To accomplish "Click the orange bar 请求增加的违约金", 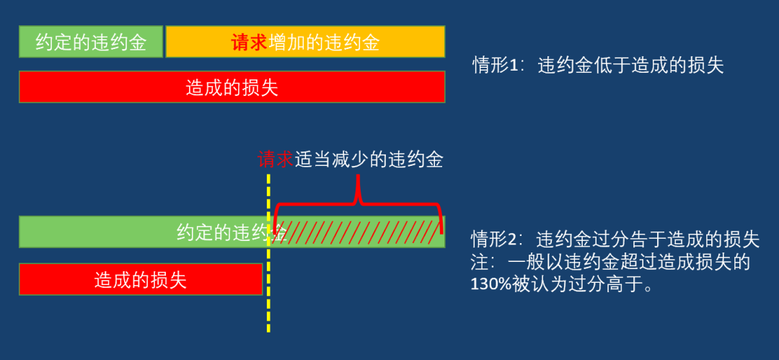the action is [x=305, y=42].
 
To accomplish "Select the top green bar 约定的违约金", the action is [x=91, y=42].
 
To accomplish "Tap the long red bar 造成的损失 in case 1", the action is [x=232, y=87].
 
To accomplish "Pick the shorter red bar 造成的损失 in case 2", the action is [x=141, y=279].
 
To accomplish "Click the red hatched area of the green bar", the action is [x=357, y=232].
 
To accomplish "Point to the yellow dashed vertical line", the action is [x=268, y=253].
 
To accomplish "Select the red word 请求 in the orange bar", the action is [x=250, y=43].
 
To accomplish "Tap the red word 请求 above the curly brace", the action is [x=276, y=160].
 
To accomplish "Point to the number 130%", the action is [x=489, y=284].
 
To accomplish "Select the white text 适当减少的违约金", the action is [x=368, y=160].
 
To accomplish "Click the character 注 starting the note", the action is [x=480, y=262].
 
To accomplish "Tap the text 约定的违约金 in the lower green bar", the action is [x=232, y=232].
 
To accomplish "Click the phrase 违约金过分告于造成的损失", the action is [x=648, y=240].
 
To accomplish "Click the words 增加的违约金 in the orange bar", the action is [x=324, y=43].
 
